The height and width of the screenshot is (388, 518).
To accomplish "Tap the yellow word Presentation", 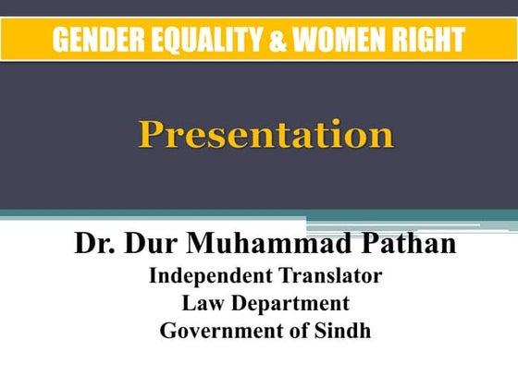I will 266,136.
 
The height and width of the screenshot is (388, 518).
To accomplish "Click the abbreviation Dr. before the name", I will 94,245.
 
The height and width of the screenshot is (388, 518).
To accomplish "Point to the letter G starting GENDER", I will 60,41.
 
